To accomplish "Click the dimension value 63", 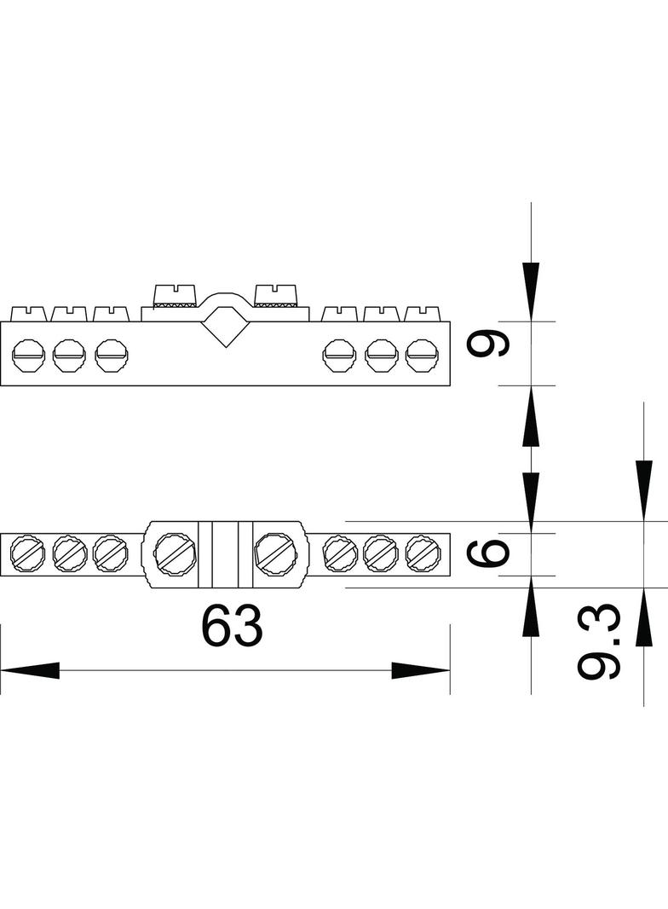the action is [x=233, y=626].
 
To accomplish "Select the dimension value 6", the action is [x=488, y=554].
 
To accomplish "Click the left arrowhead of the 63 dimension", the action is [x=30, y=670].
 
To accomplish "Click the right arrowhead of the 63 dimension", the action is [x=421, y=670].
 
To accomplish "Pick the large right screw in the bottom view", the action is [x=276, y=554].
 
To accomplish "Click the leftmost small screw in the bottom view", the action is [x=28, y=553].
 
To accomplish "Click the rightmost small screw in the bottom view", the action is [x=423, y=553].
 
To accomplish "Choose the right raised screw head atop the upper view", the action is [x=276, y=295].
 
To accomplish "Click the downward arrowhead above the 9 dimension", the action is [x=531, y=292].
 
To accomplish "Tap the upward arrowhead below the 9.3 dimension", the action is [x=643, y=617].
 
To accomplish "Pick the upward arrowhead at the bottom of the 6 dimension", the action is [x=531, y=605].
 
